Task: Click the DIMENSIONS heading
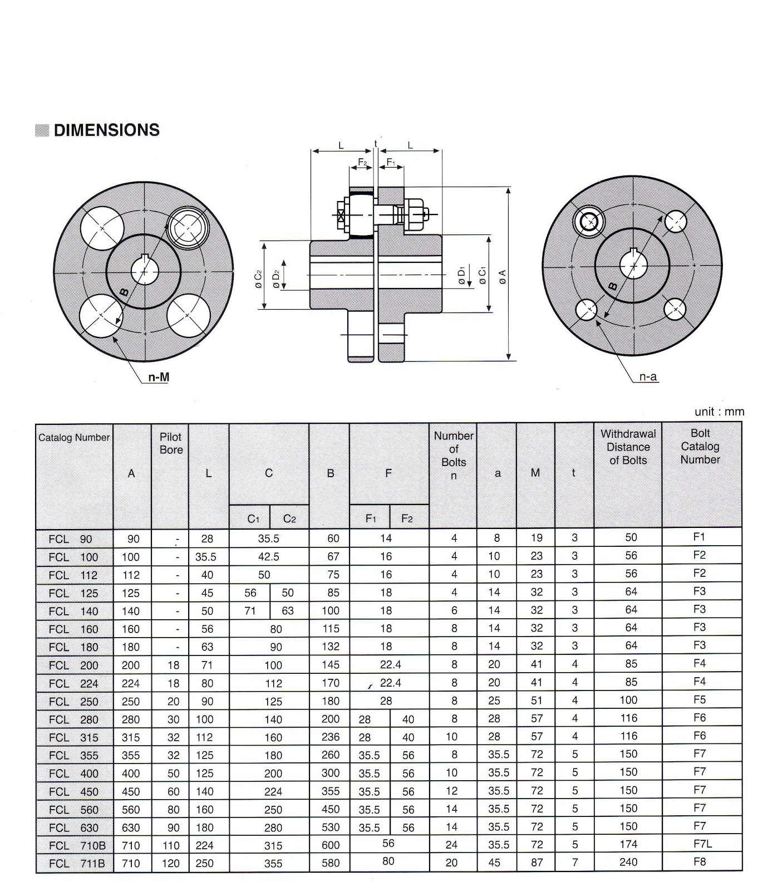[106, 130]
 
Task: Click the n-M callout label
[158, 378]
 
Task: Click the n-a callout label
[648, 377]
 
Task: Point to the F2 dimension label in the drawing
[362, 162]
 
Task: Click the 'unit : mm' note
[718, 412]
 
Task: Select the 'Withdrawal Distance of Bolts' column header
[628, 447]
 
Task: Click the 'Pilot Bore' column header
[171, 443]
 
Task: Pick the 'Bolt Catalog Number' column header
[700, 447]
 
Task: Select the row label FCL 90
[70, 539]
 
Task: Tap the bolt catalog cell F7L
[702, 844]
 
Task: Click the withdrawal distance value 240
[628, 862]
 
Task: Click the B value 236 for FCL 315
[330, 737]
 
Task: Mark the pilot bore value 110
[171, 845]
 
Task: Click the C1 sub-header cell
[253, 519]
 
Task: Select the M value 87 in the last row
[536, 862]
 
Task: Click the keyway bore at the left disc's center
[145, 271]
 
